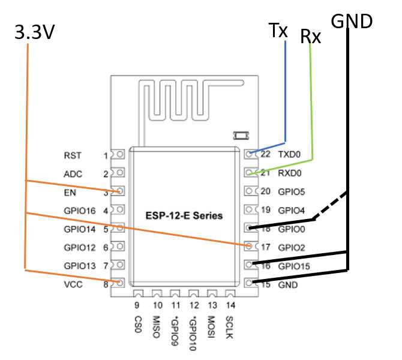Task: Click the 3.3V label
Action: click(35, 32)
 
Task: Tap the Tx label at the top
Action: click(278, 30)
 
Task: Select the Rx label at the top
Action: click(310, 36)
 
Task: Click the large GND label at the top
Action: click(352, 21)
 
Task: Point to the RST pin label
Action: click(73, 155)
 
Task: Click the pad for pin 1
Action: click(118, 154)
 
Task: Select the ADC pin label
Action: click(73, 174)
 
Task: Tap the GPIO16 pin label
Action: click(80, 211)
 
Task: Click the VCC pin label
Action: click(73, 284)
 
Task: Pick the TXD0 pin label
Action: click(289, 154)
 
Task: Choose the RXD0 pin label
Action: click(290, 173)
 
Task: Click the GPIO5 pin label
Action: click(292, 192)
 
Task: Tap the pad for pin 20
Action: click(251, 191)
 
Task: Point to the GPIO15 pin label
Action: click(294, 266)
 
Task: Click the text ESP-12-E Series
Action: click(184, 215)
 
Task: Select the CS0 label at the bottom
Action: click(138, 325)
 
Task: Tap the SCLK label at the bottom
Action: click(229, 328)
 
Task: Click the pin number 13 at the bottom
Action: click(212, 305)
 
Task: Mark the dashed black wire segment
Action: click(330, 205)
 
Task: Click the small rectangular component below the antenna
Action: click(241, 136)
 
